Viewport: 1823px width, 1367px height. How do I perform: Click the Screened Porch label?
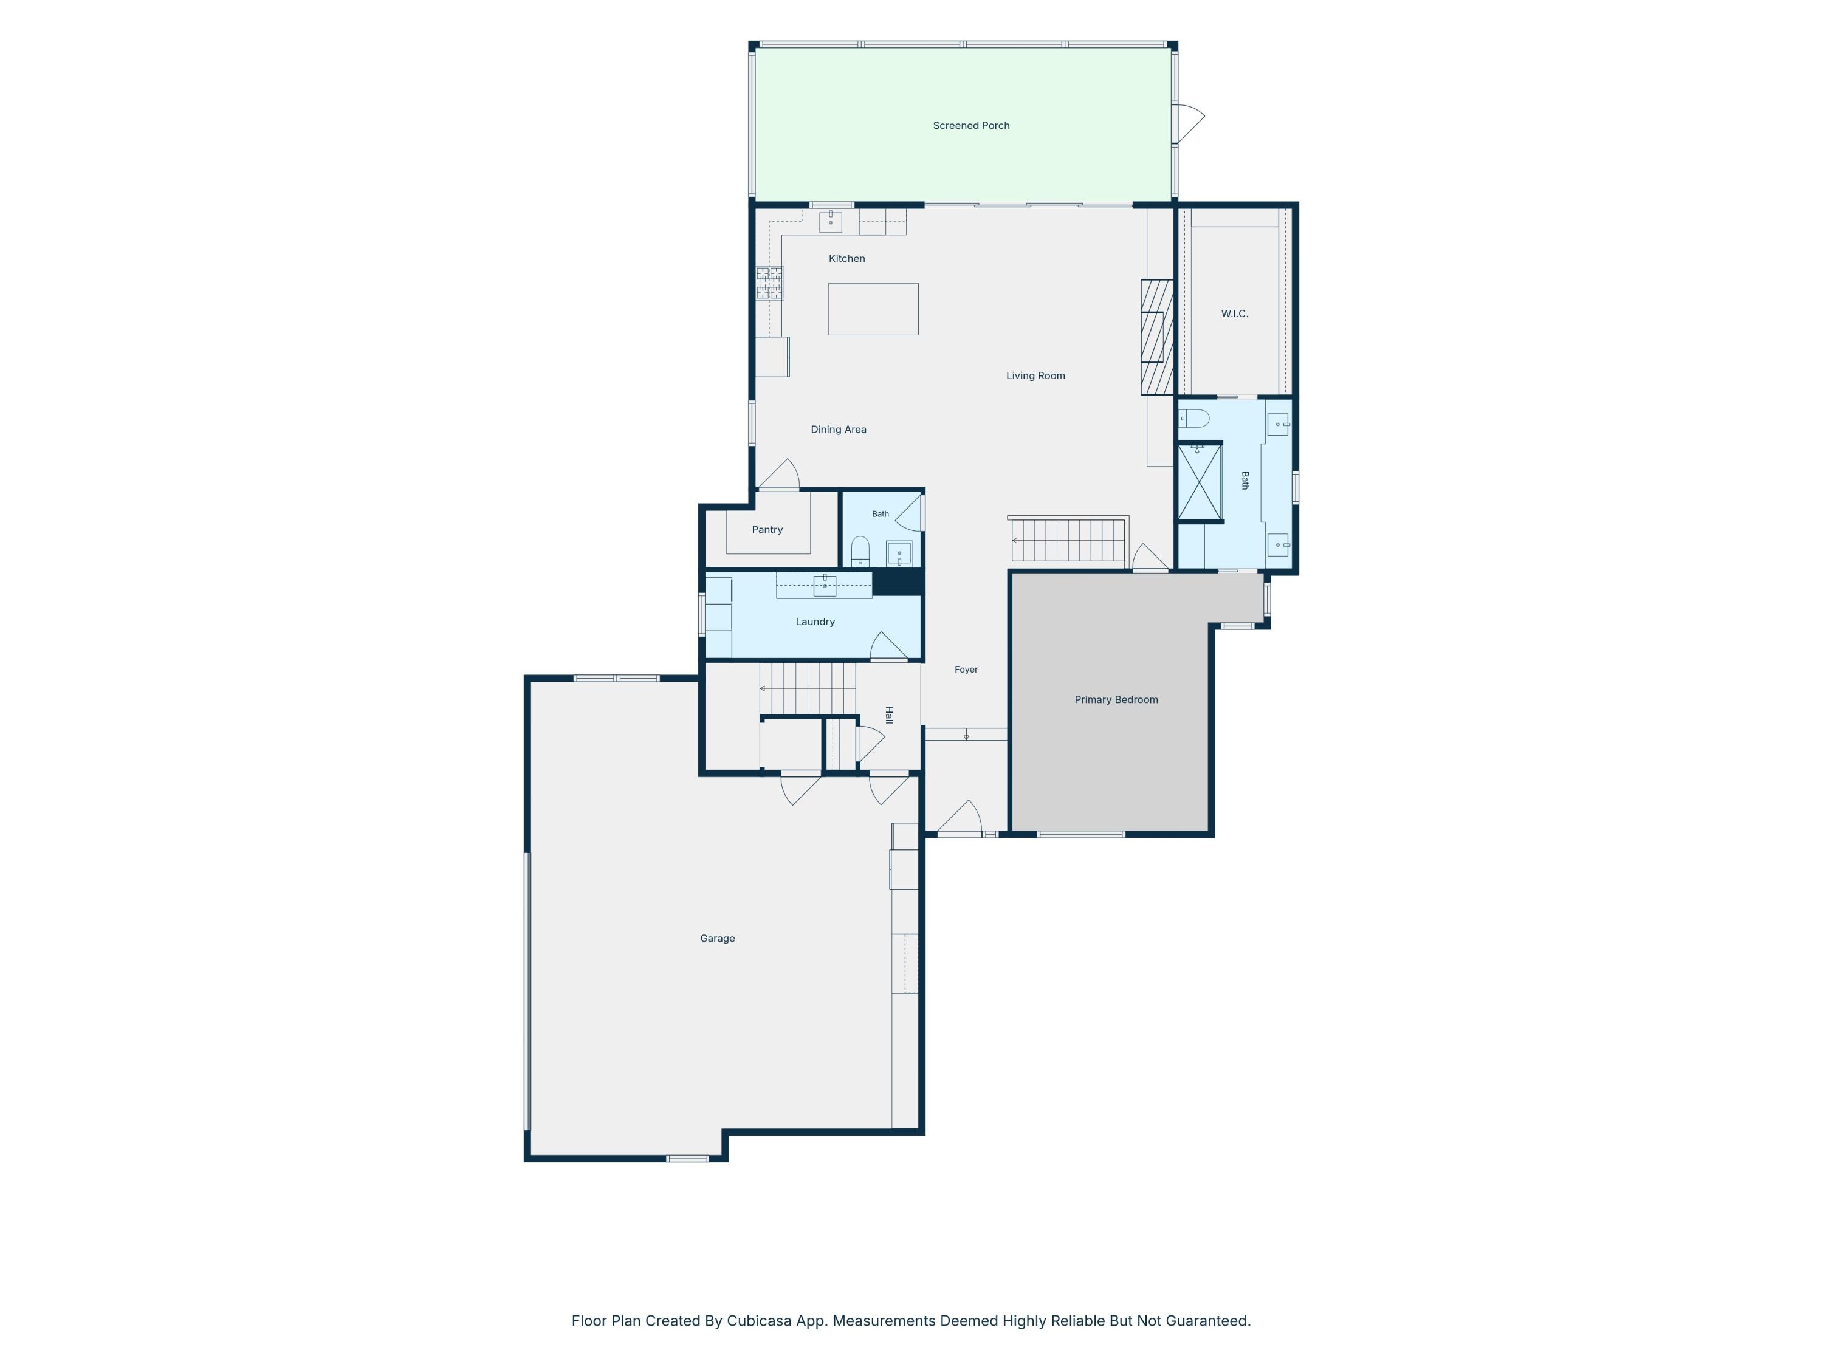[971, 125]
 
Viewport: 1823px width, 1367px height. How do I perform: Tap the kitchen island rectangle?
[873, 309]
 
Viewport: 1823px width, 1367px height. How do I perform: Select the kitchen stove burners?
[770, 283]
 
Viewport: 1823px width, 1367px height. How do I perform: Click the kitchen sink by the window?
[830, 222]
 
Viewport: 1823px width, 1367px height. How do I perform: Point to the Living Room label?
[1035, 375]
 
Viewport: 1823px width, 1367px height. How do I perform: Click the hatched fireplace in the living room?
[1157, 337]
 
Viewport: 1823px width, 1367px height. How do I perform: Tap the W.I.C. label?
[1235, 314]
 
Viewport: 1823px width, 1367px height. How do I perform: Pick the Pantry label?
[767, 530]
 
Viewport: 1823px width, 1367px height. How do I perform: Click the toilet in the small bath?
[860, 551]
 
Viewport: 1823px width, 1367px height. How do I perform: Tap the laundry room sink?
[824, 585]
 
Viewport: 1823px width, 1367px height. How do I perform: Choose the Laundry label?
[815, 622]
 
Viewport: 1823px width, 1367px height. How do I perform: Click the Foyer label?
[966, 670]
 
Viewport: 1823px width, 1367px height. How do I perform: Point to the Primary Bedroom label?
[1116, 699]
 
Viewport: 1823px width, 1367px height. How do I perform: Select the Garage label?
[717, 939]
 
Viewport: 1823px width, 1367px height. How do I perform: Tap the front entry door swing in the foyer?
[960, 817]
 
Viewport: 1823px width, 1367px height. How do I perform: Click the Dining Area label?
[838, 430]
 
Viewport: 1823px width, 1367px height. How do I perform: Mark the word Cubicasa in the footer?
[759, 1321]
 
